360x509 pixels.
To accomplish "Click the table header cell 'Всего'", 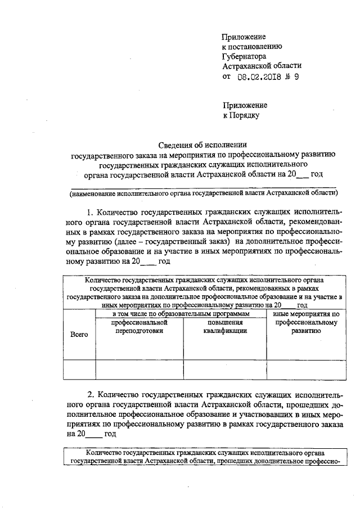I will (x=79, y=335).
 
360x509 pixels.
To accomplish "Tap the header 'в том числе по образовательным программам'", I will (x=181, y=313).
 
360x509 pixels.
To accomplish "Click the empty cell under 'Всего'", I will (x=79, y=369).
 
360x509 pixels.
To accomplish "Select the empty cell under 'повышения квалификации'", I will (x=225, y=369).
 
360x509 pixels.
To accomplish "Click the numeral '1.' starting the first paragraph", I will (x=91, y=213).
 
